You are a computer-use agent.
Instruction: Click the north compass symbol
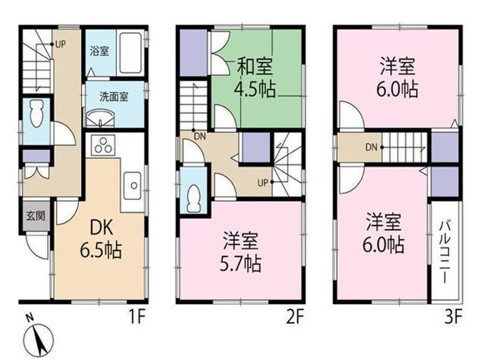tap(39, 339)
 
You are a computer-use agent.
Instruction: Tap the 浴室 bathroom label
tap(99, 51)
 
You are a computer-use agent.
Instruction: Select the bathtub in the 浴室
tap(130, 52)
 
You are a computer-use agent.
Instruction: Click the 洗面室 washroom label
tap(114, 97)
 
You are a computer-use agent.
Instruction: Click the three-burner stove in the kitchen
tap(103, 145)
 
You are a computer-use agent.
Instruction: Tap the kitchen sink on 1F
tap(133, 186)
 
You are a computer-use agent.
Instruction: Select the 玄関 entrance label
tap(36, 215)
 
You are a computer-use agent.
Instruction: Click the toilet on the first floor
tap(36, 114)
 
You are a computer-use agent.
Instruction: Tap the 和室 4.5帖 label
tap(255, 77)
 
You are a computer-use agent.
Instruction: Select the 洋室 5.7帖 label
tap(240, 252)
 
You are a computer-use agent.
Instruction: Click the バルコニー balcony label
tap(445, 252)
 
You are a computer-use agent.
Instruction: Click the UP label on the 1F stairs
tap(61, 44)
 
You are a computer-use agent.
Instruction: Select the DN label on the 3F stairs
tap(371, 147)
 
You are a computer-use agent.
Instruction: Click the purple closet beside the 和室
tap(193, 52)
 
